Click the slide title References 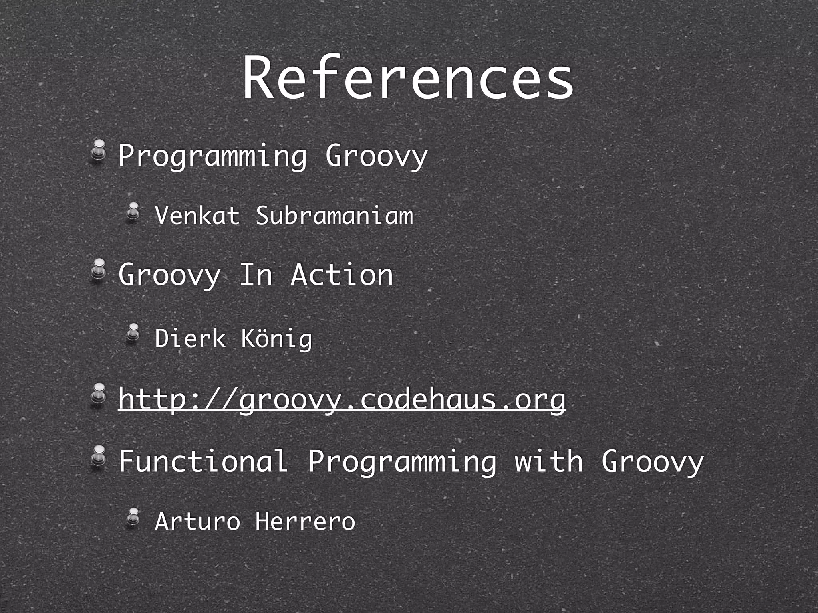pos(408,78)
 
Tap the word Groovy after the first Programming pos(376,156)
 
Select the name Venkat pos(197,216)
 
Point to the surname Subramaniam pos(334,216)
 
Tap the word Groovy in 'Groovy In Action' pos(169,275)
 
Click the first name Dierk pos(190,338)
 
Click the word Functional pos(203,461)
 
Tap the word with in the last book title pos(549,461)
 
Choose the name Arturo pos(197,521)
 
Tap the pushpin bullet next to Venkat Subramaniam pos(133,212)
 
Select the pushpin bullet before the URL pos(98,395)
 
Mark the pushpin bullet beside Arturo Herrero pos(133,517)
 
